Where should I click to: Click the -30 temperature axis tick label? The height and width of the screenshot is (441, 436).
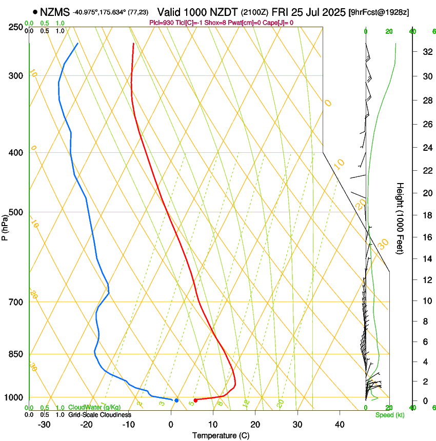tap(44, 424)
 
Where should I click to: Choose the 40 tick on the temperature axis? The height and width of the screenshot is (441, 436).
tap(340, 424)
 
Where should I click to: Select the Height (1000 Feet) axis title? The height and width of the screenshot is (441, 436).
tap(401, 218)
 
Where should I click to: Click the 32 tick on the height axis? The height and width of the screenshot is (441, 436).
tap(426, 51)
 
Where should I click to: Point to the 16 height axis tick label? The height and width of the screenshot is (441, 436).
tap(426, 237)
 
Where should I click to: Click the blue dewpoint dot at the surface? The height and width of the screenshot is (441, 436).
tap(176, 400)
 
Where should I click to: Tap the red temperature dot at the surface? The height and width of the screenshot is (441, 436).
tap(195, 400)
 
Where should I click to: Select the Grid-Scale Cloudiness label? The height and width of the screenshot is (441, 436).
tap(100, 414)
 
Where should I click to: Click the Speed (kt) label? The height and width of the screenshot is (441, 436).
tap(389, 414)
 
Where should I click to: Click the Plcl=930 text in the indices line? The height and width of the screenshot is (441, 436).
tap(161, 23)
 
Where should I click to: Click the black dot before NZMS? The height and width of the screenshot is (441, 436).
tap(35, 11)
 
